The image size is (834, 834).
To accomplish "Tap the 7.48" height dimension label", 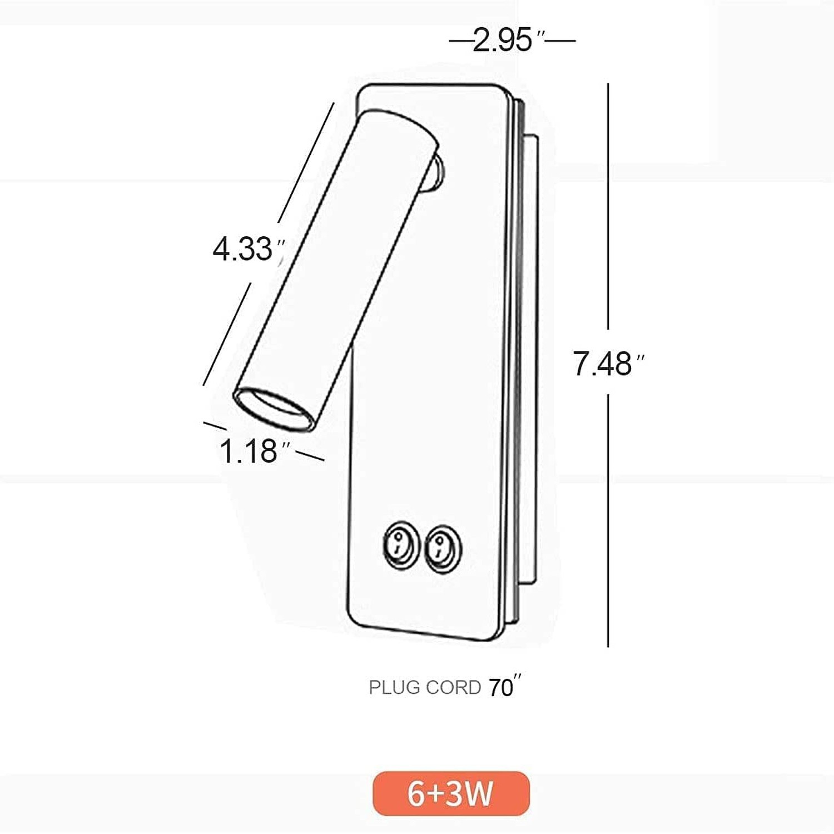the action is click(608, 364).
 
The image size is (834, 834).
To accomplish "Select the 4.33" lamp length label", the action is click(249, 249).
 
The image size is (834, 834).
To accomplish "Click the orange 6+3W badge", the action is click(451, 793).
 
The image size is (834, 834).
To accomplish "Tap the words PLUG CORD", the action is click(425, 688).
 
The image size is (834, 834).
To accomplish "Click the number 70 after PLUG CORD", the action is click(501, 688).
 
